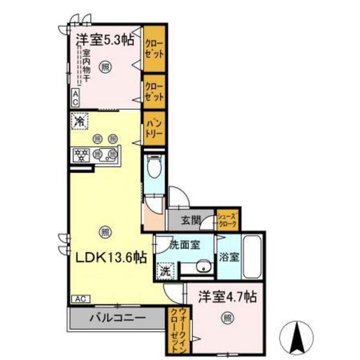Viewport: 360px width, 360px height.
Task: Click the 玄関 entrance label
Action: (x=190, y=221)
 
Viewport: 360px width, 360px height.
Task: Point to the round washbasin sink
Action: (x=204, y=268)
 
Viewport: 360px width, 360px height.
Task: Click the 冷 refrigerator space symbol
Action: (x=80, y=120)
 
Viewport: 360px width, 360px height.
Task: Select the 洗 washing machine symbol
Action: (x=165, y=270)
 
